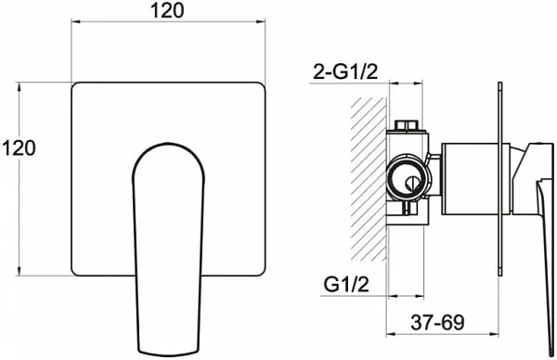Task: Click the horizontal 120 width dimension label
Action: tap(168, 10)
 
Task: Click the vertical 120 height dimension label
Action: tap(19, 148)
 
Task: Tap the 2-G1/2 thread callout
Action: tap(345, 72)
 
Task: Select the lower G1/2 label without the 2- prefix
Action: tap(346, 284)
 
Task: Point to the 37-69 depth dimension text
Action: tap(437, 322)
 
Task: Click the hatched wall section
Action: tap(369, 179)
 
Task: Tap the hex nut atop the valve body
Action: tap(407, 125)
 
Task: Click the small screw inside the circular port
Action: tap(410, 184)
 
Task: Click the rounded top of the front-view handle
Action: tap(168, 145)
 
